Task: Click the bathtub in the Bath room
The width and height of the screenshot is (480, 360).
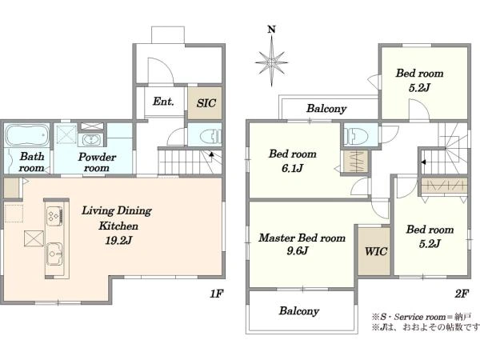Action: point(27,134)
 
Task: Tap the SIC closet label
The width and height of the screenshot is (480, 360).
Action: point(206,103)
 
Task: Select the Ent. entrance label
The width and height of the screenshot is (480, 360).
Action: point(163,102)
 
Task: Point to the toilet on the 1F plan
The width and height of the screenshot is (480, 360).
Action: point(210,136)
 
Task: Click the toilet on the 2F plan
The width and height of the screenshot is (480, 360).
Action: point(356,135)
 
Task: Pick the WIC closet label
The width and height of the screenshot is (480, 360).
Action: point(376,251)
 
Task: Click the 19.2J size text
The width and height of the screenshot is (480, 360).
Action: point(118,241)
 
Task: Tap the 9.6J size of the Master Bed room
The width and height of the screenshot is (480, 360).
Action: point(298,251)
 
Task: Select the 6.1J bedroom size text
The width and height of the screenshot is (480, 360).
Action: point(292,168)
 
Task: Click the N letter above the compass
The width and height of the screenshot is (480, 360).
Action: point(271,30)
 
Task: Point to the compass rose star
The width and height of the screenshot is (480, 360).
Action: point(271,62)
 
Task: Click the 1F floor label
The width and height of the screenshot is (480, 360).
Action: point(217,294)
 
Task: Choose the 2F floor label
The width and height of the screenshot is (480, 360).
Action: point(462,294)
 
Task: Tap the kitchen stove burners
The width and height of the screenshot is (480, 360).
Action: point(54,215)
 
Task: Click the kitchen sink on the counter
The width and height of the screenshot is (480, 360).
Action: point(54,254)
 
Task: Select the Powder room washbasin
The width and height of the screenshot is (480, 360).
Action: point(91,140)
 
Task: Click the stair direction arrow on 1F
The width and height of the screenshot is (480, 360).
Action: point(211,154)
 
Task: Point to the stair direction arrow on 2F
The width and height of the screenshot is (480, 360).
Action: point(423,162)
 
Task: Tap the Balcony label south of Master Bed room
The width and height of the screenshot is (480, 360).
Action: point(299,311)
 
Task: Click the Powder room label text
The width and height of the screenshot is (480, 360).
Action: point(97,162)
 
